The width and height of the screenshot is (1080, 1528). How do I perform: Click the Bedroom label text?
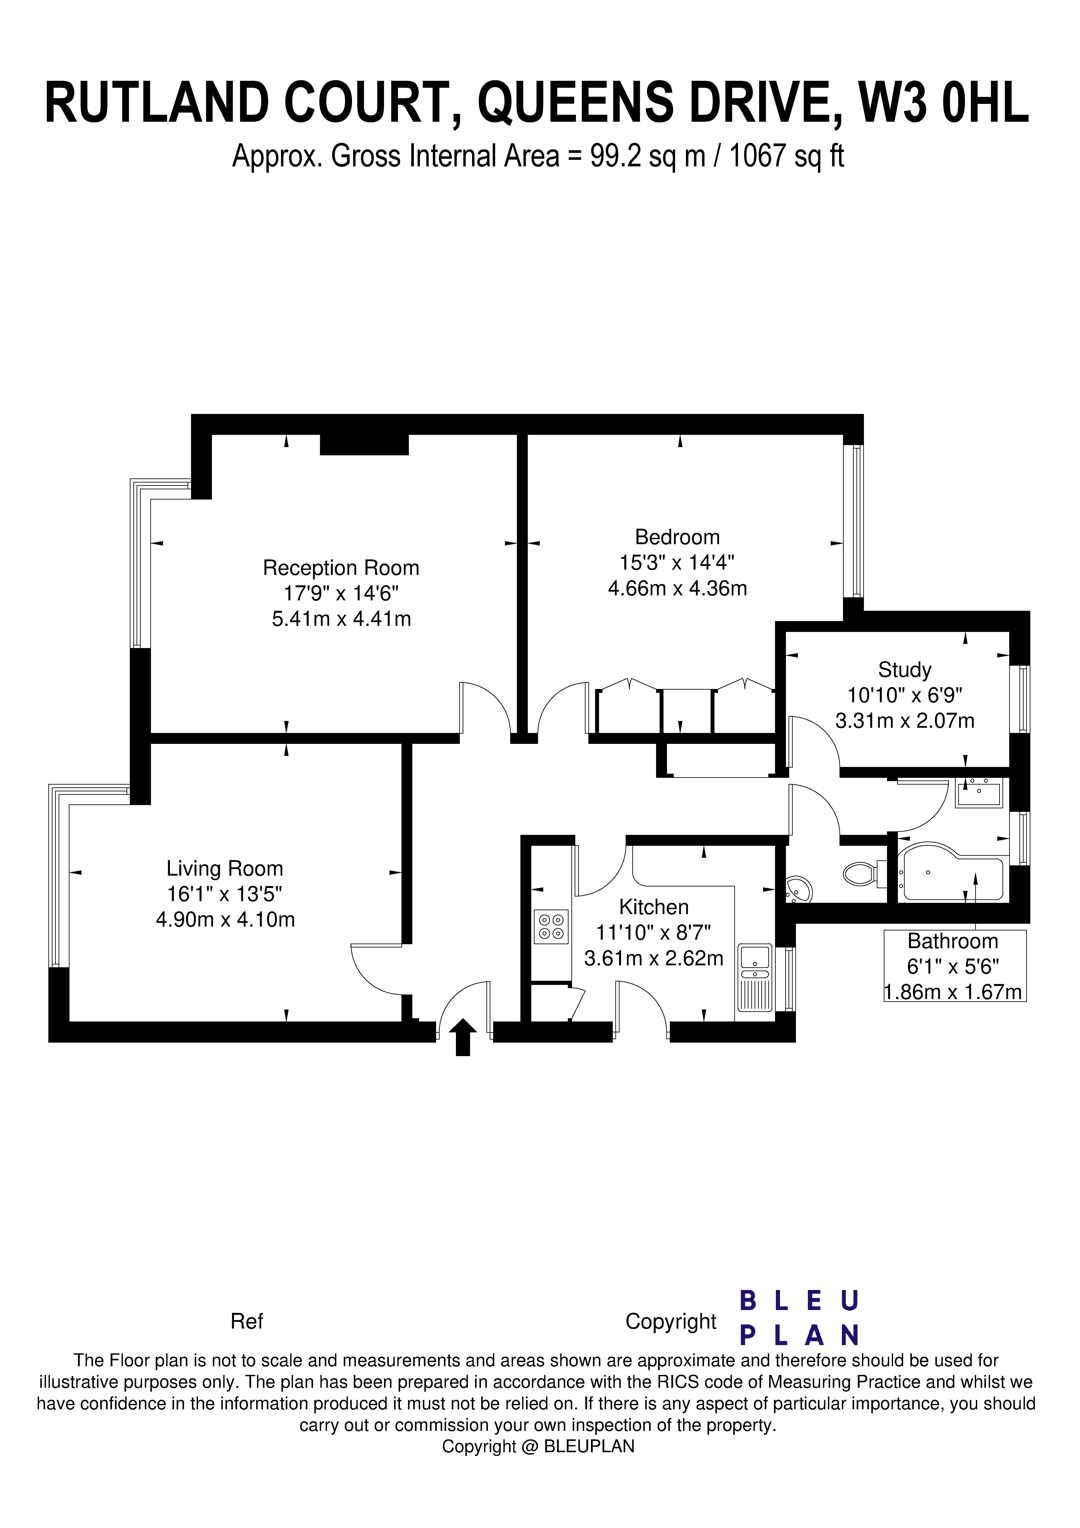pyautogui.click(x=677, y=537)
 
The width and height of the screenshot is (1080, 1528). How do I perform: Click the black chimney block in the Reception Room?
pyautogui.click(x=364, y=445)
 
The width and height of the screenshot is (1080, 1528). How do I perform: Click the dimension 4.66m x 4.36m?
pyautogui.click(x=677, y=588)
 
